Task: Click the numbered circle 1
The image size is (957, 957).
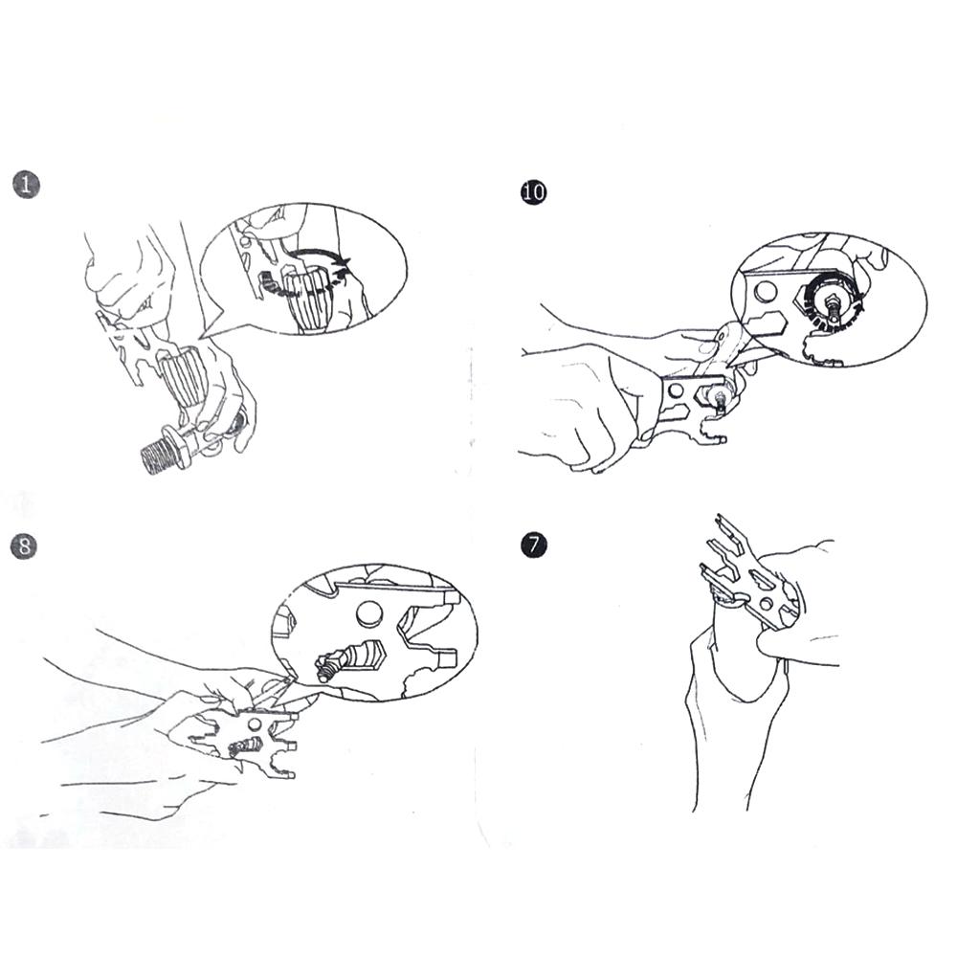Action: point(26,185)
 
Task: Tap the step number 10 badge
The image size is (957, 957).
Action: point(533,191)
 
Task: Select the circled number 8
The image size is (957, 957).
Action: point(25,545)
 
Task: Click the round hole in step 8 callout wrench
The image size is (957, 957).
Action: point(369,614)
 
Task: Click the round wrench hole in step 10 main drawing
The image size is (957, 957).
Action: point(677,389)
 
